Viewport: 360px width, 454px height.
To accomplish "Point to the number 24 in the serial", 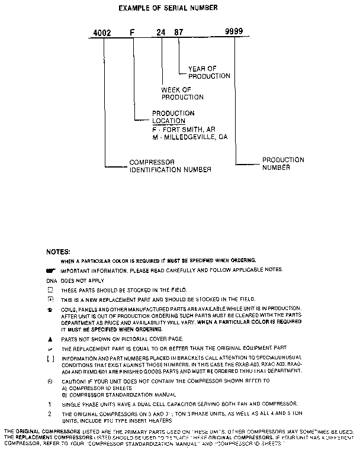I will [161, 34].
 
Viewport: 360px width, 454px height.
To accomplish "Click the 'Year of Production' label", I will [209, 72].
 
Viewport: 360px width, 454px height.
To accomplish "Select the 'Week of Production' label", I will [182, 94].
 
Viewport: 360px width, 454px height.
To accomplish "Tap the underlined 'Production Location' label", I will [173, 117].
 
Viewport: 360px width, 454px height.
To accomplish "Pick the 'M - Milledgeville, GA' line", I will [189, 137].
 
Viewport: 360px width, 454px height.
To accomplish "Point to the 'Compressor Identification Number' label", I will [170, 165].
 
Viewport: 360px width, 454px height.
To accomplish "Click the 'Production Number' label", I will [283, 163].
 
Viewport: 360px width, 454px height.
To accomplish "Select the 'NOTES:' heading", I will [58, 252].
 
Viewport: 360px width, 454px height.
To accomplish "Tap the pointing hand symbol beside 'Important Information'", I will [50, 270].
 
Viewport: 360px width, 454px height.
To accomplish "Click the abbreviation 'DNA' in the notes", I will [52, 280].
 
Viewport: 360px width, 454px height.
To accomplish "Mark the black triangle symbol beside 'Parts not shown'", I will [50, 339].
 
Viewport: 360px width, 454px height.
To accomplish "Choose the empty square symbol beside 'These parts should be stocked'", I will [50, 290].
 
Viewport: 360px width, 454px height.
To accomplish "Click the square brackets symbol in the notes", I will [50, 359].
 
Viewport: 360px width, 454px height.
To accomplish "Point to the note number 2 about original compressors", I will [50, 413].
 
